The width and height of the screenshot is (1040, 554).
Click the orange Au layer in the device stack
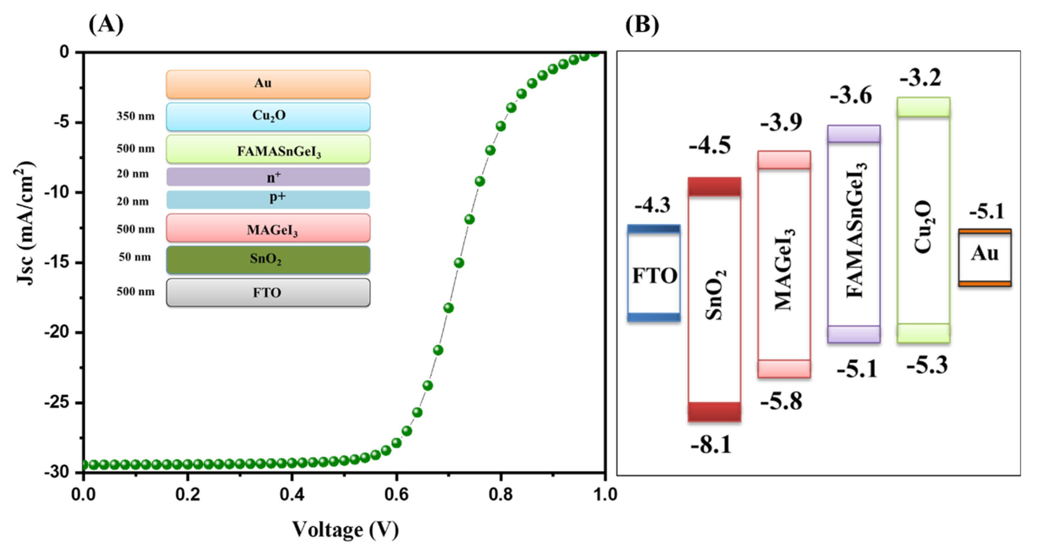[268, 84]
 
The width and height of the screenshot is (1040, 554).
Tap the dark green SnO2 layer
[268, 259]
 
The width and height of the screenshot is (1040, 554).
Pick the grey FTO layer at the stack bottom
[268, 293]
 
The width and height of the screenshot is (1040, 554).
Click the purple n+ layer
[268, 177]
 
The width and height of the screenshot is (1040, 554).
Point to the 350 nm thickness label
[136, 116]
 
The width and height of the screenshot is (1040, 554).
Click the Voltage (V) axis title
[345, 529]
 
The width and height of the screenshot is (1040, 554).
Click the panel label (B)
[642, 25]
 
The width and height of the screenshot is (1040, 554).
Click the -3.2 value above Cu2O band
[921, 77]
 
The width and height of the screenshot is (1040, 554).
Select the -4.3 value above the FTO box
[652, 206]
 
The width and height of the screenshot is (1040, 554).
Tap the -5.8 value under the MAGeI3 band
[781, 401]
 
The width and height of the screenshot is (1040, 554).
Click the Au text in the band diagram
[985, 254]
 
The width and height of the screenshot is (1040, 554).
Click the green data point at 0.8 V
[501, 126]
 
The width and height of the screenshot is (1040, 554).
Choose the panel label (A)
[106, 25]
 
